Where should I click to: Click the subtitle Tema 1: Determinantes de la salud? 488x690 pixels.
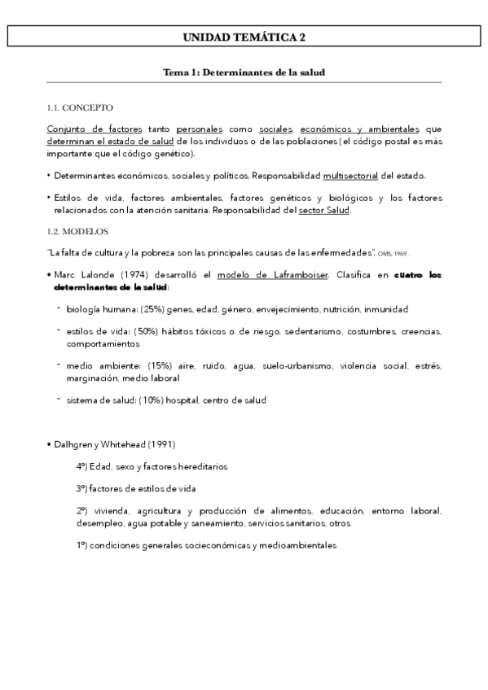pyautogui.click(x=244, y=72)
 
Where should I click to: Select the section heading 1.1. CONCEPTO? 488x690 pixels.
pyautogui.click(x=80, y=108)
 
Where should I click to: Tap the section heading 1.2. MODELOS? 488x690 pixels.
pyautogui.click(x=77, y=231)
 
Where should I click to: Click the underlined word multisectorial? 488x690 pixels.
pyautogui.click(x=351, y=176)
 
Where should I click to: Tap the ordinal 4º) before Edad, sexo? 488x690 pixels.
pyautogui.click(x=82, y=467)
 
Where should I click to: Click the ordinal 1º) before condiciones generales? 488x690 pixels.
pyautogui.click(x=82, y=545)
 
